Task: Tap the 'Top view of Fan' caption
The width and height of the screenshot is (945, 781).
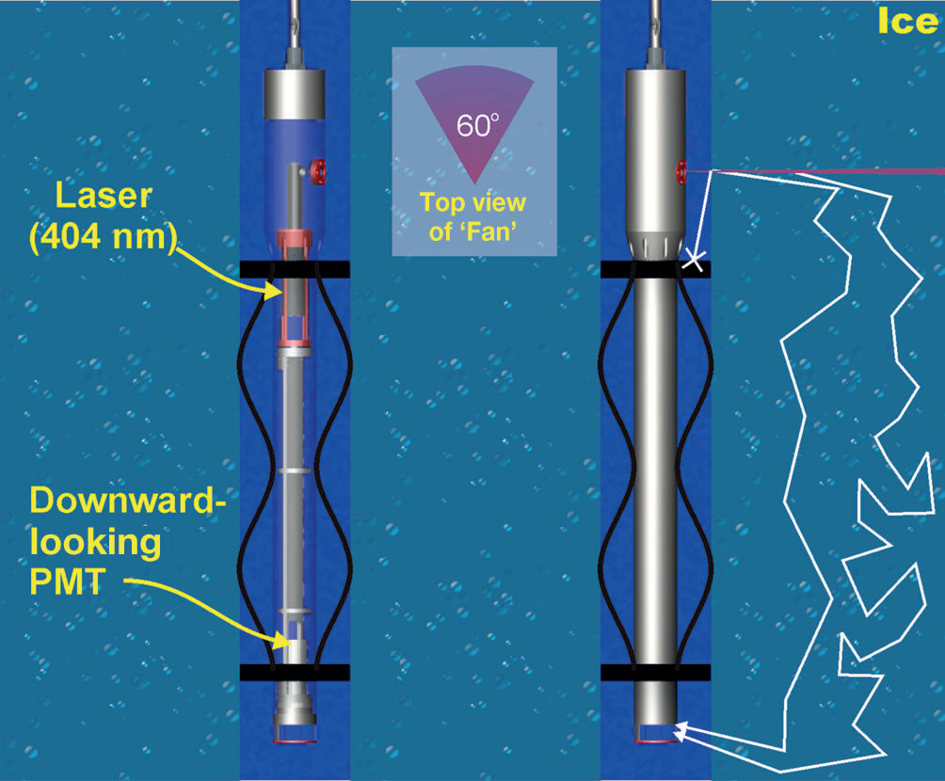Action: (x=473, y=217)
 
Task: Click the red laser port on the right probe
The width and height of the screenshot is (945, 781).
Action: (x=681, y=171)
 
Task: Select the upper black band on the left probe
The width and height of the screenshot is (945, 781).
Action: (x=295, y=269)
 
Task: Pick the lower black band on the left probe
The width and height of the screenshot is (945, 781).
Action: (x=295, y=672)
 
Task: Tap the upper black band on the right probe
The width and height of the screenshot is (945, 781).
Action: (x=655, y=269)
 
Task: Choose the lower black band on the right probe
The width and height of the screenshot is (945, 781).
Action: (x=655, y=672)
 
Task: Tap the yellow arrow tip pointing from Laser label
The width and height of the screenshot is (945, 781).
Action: (x=280, y=295)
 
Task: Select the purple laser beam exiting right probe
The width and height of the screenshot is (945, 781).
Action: (x=828, y=170)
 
